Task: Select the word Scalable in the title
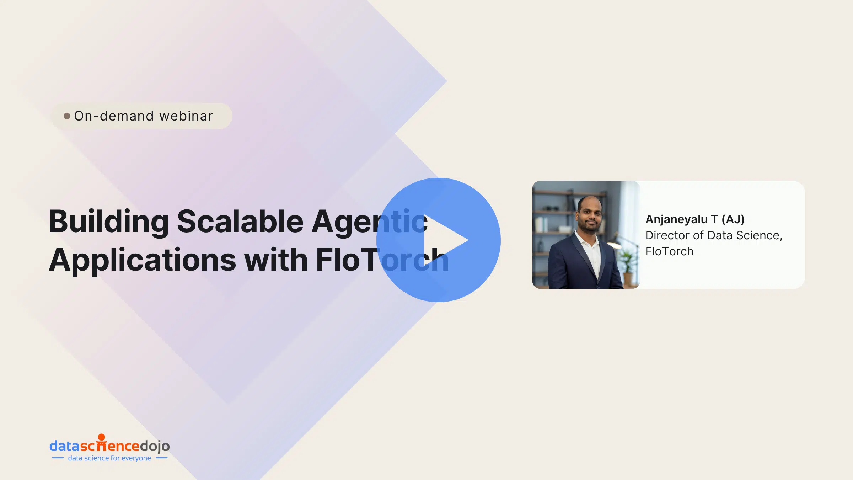point(240,222)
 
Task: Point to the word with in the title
point(276,260)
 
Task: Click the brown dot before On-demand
point(67,116)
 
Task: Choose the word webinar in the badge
point(186,116)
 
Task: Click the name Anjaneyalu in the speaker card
point(676,220)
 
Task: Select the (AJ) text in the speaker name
point(733,219)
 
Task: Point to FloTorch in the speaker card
point(669,251)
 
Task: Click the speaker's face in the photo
point(590,215)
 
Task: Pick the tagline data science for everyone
point(109,458)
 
